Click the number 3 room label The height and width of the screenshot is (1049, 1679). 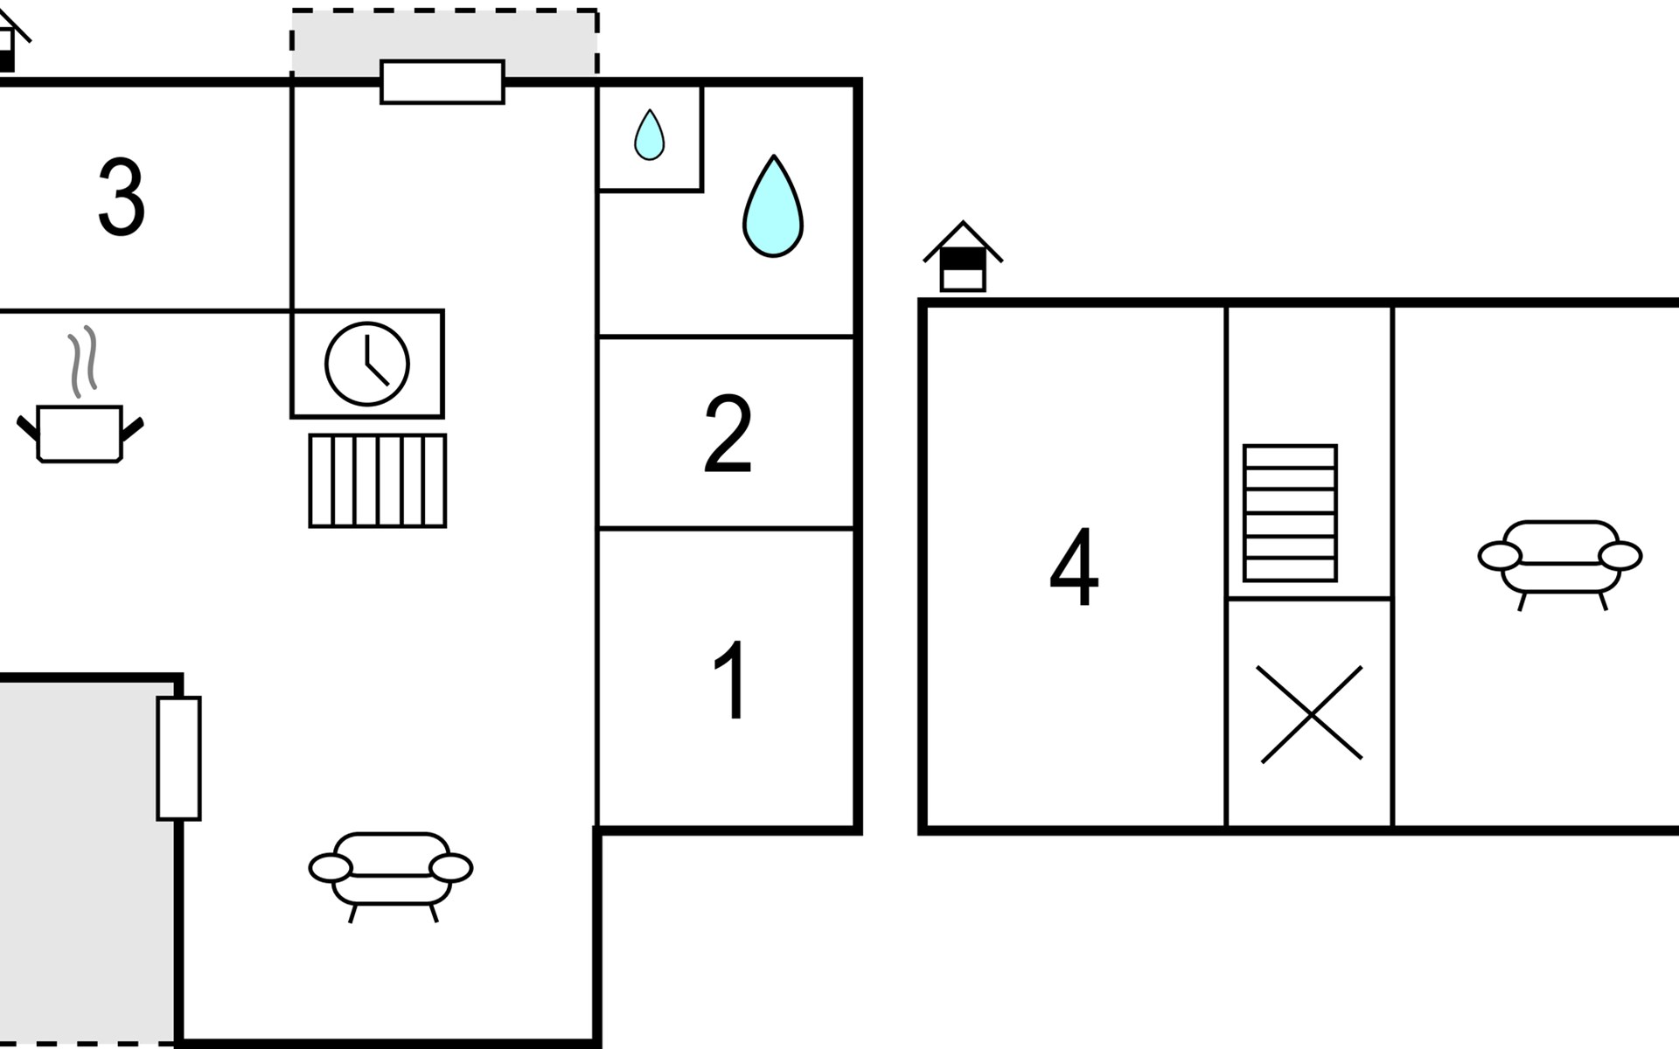[x=121, y=198]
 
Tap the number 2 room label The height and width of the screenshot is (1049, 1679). [x=728, y=434]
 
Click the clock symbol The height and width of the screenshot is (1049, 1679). [x=367, y=364]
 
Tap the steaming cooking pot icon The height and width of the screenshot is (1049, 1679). [x=80, y=432]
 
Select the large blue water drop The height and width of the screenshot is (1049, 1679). [x=773, y=208]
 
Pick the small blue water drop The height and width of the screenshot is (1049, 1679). [x=649, y=135]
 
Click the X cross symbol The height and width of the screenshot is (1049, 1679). [x=1310, y=714]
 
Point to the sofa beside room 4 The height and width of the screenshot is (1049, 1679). [x=1560, y=559]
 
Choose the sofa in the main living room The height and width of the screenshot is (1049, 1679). [x=391, y=872]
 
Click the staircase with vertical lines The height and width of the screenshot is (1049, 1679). [x=378, y=481]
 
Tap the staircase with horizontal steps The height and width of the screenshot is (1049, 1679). [x=1290, y=513]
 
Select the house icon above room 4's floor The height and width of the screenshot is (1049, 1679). [x=963, y=257]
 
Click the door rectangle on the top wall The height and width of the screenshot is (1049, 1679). [x=442, y=82]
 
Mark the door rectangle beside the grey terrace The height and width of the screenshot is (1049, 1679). [x=178, y=758]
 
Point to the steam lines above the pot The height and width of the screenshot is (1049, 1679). [x=82, y=360]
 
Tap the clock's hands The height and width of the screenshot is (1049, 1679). [x=373, y=364]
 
